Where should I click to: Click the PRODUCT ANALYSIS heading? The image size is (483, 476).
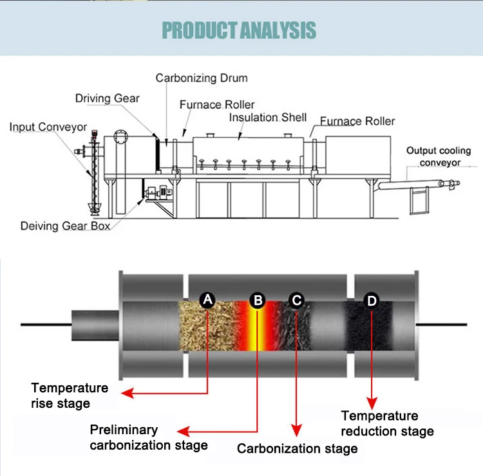[239, 30]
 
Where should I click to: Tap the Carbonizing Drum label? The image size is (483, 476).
[202, 78]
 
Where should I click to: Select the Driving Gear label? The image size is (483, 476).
[107, 98]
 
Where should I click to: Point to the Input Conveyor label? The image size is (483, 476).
[48, 127]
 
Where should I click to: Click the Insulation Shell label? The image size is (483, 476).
[268, 118]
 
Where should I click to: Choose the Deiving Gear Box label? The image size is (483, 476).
[65, 226]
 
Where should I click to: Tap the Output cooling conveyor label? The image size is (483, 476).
[439, 156]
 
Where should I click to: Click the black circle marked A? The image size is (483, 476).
[207, 299]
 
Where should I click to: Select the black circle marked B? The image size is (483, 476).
[258, 299]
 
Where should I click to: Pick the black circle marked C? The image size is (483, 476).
[296, 299]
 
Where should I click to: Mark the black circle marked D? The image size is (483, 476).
[372, 300]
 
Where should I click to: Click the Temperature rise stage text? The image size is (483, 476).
[70, 396]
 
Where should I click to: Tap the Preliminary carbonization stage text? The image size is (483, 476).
[148, 437]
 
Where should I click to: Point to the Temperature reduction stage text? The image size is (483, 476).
[387, 423]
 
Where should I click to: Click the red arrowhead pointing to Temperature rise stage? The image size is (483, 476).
[128, 392]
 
